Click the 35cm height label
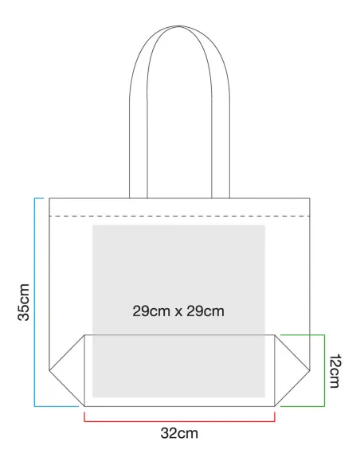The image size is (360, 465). pyautogui.click(x=24, y=303)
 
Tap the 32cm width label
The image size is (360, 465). pyautogui.click(x=179, y=433)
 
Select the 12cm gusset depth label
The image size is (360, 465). pyautogui.click(x=335, y=371)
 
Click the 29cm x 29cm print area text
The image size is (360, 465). pyautogui.click(x=178, y=311)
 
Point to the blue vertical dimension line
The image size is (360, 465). pyautogui.click(x=35, y=303)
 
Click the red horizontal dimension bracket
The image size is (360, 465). pyautogui.click(x=179, y=421)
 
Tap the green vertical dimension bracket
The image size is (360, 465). pyautogui.click(x=324, y=370)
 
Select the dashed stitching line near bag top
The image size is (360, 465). pyautogui.click(x=179, y=217)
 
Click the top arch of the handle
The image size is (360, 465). pyautogui.click(x=179, y=27)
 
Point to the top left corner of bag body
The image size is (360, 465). pyautogui.click(x=49, y=198)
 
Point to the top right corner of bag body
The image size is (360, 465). pyautogui.click(x=310, y=198)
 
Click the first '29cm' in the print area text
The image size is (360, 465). pyautogui.click(x=151, y=311)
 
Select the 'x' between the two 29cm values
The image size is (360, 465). pyautogui.click(x=178, y=312)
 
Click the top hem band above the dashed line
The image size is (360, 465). pyautogui.click(x=179, y=207)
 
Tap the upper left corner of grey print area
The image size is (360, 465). pyautogui.click(x=93, y=225)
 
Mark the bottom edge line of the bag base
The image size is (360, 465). pyautogui.click(x=179, y=406)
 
